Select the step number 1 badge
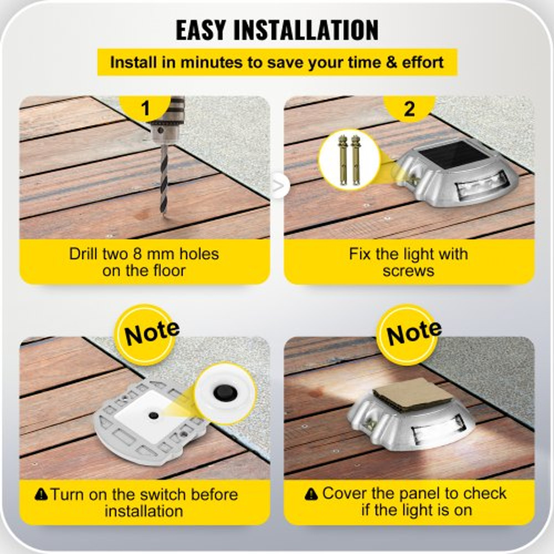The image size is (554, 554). [146, 108]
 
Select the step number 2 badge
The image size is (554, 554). [409, 108]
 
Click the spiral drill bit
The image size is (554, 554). [164, 177]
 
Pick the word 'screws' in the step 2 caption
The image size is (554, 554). [408, 271]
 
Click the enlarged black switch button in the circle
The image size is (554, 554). [225, 393]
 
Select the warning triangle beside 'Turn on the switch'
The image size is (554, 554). [41, 494]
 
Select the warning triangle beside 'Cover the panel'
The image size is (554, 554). [312, 494]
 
